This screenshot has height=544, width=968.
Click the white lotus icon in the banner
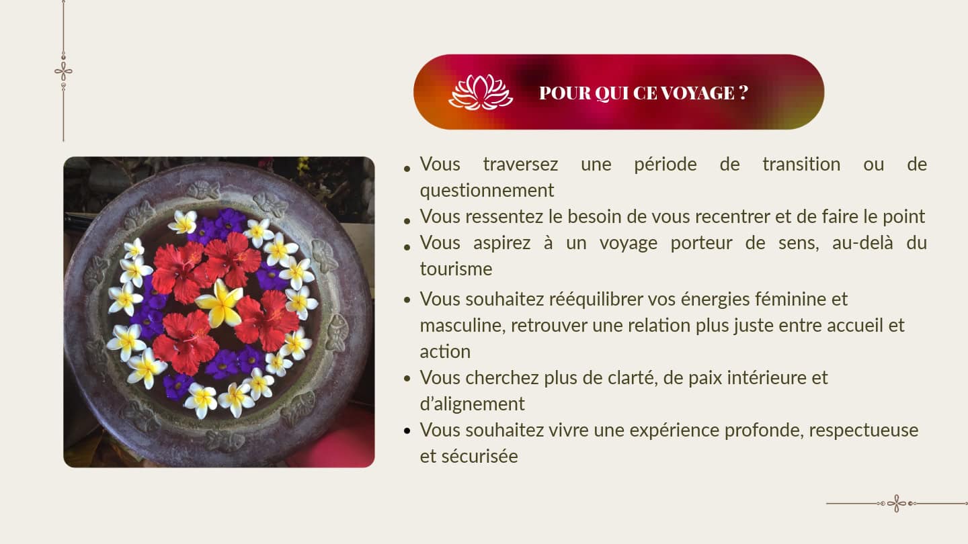tap(481, 92)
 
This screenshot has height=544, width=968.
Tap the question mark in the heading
tap(743, 93)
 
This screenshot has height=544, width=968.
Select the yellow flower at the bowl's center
tap(220, 303)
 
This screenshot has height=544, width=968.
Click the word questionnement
tap(487, 191)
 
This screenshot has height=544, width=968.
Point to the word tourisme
tap(456, 269)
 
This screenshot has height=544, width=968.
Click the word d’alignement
tap(472, 404)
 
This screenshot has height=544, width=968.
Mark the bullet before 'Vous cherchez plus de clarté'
tap(407, 379)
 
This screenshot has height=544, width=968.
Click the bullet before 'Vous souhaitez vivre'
tap(407, 431)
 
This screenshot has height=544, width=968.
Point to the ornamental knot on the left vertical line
tap(63, 71)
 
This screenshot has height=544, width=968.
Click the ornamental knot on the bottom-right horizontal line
tap(897, 504)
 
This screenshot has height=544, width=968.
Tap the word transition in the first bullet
tap(801, 165)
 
